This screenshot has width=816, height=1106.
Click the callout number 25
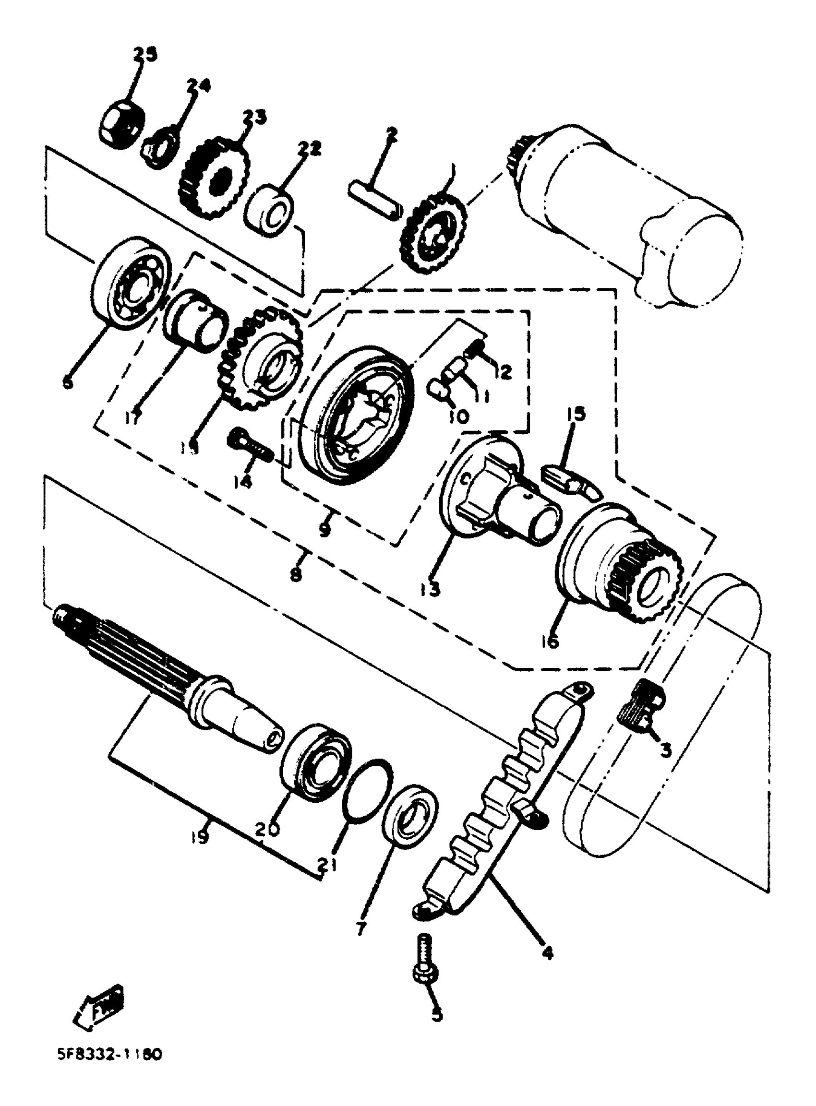click(x=144, y=54)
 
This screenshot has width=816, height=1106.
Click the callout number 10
click(x=459, y=416)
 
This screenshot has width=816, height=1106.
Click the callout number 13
click(x=431, y=588)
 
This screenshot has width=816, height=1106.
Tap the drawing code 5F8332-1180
click(x=108, y=1056)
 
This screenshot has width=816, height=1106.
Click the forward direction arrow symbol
click(x=99, y=1007)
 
